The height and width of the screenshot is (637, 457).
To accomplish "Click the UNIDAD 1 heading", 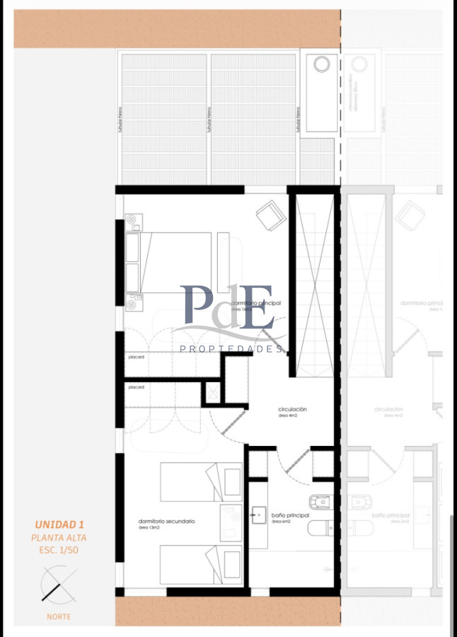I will [59, 524].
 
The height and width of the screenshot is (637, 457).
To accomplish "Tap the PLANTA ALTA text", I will [59, 538].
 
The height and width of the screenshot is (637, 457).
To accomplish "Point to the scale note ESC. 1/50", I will [59, 550].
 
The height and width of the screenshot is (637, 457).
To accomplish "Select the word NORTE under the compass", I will [59, 616].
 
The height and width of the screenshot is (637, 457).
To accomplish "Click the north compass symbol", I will [58, 586].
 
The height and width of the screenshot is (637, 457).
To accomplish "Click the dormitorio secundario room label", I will [166, 521].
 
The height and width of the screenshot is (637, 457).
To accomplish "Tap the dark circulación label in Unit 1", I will [292, 409].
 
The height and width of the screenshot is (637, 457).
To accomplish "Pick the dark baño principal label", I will [290, 515].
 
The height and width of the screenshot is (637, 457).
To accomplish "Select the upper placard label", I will [137, 357].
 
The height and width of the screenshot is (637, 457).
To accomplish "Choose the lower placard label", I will [137, 387].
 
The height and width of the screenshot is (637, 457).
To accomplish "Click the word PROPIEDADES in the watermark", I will [232, 349].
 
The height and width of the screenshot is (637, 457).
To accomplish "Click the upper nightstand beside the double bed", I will [132, 222].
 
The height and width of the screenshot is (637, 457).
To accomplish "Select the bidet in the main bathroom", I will [323, 502].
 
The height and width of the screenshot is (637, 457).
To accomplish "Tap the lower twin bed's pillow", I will [231, 564].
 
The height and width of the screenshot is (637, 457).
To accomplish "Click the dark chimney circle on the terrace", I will [322, 64].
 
